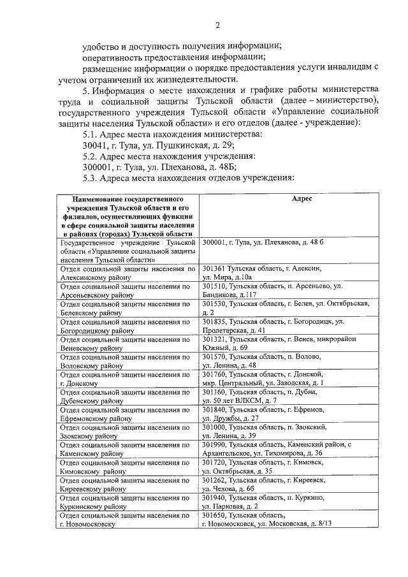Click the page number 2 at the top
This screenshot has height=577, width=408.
[217, 25]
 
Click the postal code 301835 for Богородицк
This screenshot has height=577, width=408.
[215, 322]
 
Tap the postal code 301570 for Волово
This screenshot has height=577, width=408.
[215, 356]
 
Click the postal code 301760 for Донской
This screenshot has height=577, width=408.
[215, 374]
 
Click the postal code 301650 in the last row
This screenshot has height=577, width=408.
[215, 515]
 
